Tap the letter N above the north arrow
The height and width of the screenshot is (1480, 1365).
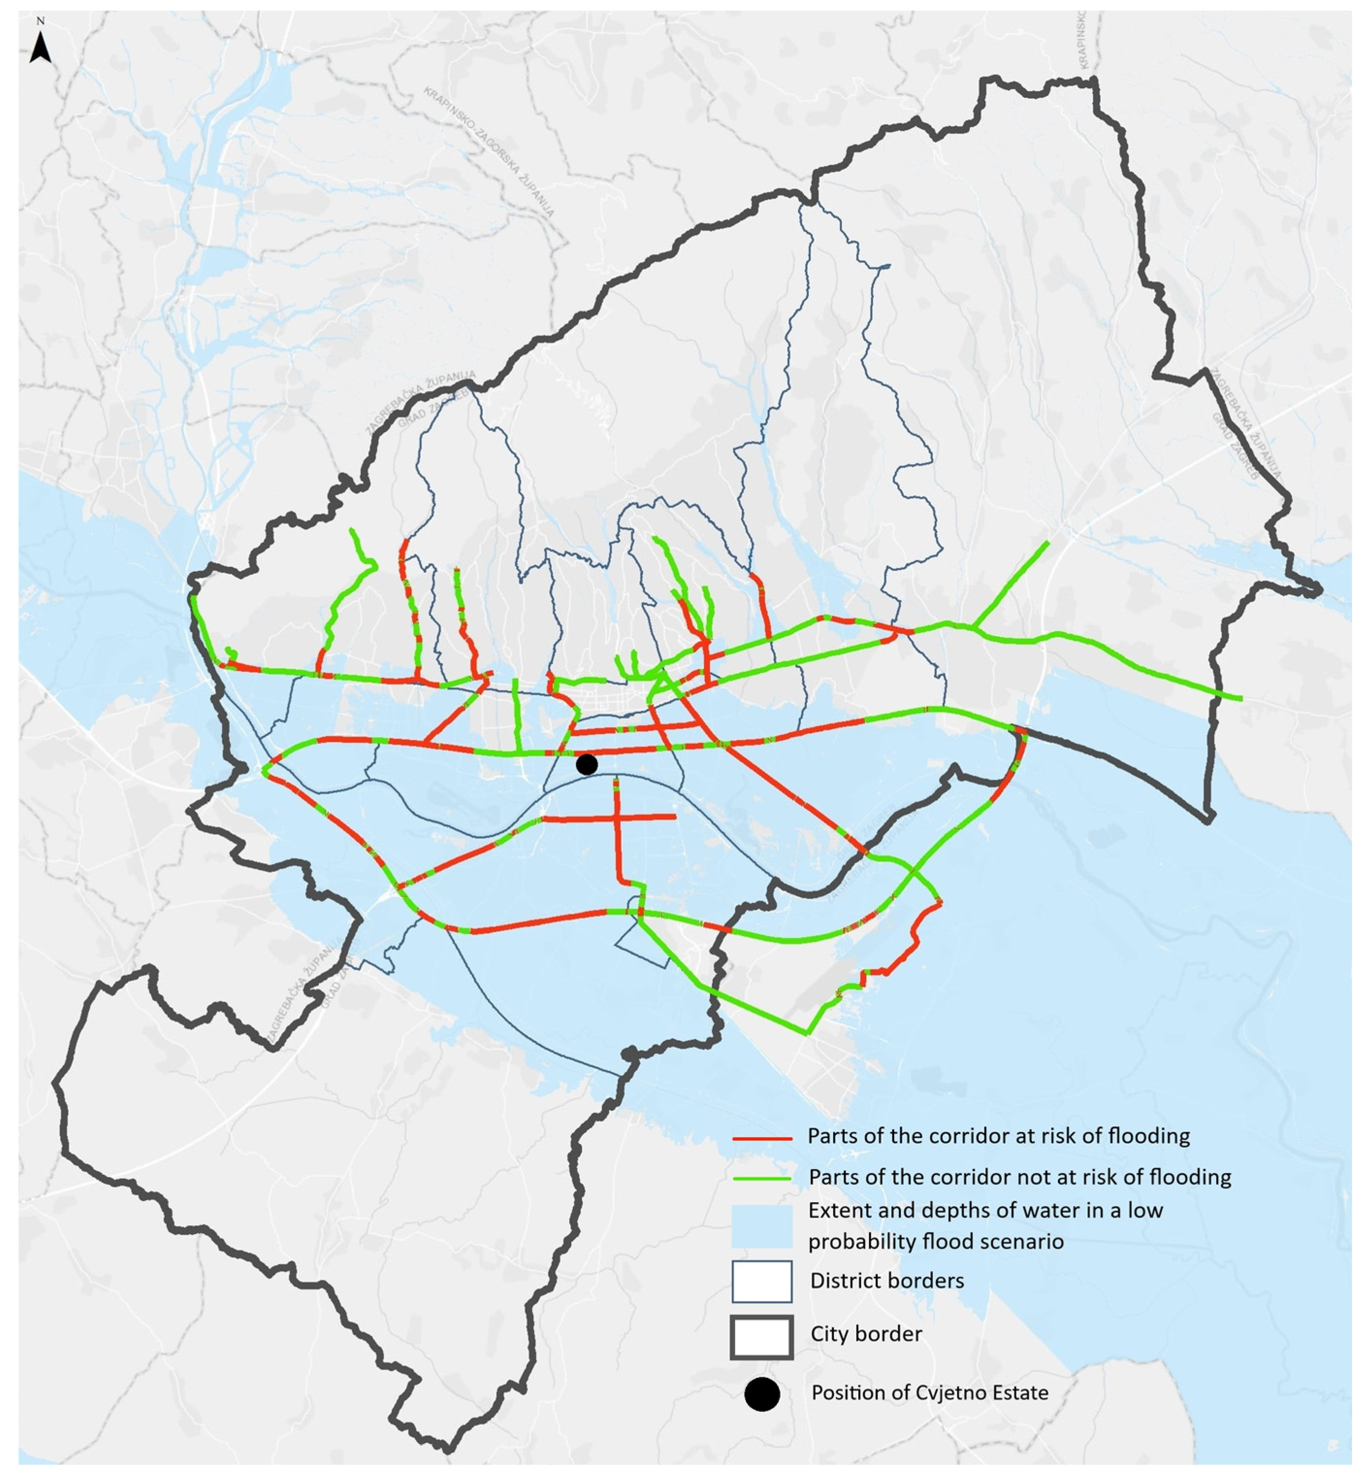(x=41, y=21)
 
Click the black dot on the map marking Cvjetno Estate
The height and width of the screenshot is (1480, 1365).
(x=586, y=764)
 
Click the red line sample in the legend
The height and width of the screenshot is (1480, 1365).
(x=761, y=1138)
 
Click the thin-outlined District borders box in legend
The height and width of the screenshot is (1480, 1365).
(x=761, y=1281)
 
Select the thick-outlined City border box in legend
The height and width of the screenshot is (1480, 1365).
(x=761, y=1336)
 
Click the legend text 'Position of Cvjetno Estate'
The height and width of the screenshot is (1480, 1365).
(x=929, y=1393)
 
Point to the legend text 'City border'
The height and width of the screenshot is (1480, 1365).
(x=866, y=1334)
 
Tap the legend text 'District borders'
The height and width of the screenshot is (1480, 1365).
(x=886, y=1281)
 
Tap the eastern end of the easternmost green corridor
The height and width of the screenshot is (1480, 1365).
(x=1241, y=698)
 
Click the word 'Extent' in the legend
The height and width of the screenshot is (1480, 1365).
(x=833, y=1210)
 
